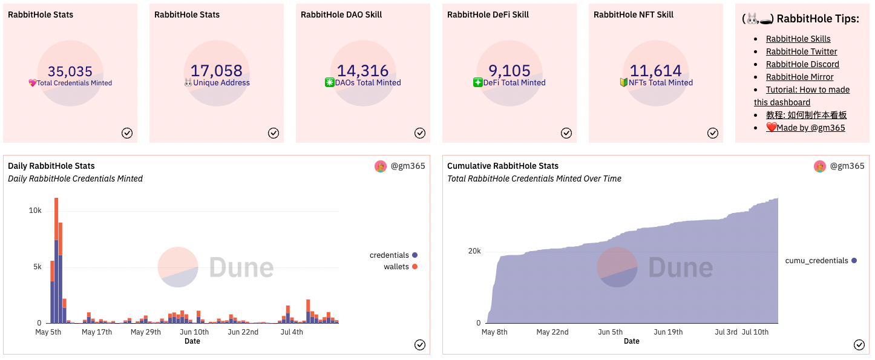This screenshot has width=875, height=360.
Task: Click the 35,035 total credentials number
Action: (x=70, y=71)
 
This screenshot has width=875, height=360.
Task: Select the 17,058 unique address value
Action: (x=217, y=71)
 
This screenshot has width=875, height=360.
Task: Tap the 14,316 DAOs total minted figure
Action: (x=363, y=71)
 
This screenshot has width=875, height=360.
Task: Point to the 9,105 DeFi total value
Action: (x=510, y=71)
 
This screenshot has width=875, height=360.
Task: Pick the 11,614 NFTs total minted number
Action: (x=656, y=71)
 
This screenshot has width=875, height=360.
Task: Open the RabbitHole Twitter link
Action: (x=801, y=51)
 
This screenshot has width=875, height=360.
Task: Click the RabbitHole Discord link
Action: (x=802, y=64)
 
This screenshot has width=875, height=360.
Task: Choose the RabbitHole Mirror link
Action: (x=799, y=77)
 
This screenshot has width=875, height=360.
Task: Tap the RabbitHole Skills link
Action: (x=798, y=39)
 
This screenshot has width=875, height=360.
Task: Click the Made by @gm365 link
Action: (x=805, y=128)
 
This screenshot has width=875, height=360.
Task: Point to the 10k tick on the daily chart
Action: (x=35, y=211)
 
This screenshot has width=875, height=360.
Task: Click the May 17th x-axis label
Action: (x=97, y=332)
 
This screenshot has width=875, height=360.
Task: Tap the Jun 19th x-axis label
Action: (x=668, y=332)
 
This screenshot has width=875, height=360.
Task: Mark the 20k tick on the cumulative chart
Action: (x=474, y=251)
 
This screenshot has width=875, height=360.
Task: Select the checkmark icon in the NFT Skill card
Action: (x=713, y=133)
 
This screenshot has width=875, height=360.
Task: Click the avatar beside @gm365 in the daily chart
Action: (x=381, y=166)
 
